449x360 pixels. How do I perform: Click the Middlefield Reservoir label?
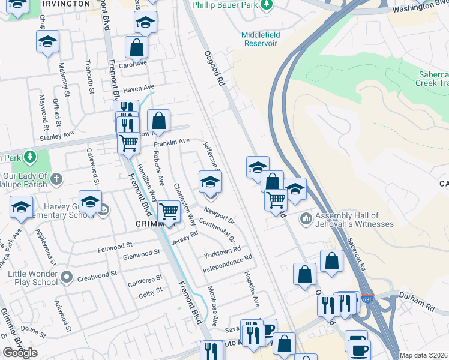pos(260,39)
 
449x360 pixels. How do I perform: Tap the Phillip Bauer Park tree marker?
pos(267,5)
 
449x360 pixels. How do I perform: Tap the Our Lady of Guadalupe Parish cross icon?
pos(56,178)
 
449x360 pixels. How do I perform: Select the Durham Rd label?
pos(422,305)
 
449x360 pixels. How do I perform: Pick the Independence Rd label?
pos(228,264)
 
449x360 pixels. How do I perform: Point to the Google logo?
pos(20,353)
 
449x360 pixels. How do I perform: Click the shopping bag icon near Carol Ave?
pos(136,47)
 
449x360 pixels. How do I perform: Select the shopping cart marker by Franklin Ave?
pos(128,143)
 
